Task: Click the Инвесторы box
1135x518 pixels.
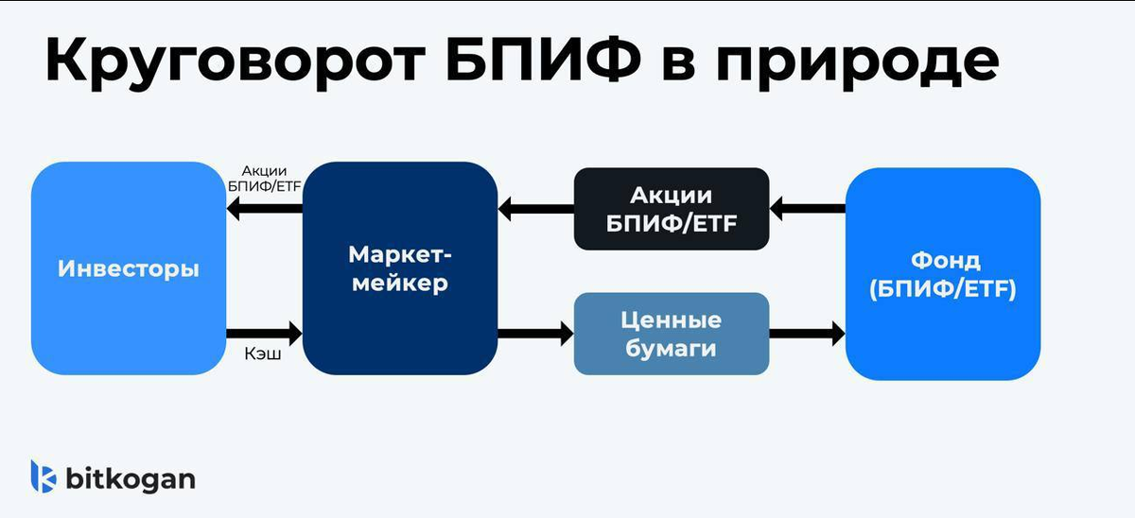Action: pos(129,268)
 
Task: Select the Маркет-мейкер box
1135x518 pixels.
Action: pos(399,268)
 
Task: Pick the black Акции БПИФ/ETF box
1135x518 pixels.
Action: pos(672,209)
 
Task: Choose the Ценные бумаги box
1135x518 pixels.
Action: pos(672,334)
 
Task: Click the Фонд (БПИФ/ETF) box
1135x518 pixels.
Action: pos(942,274)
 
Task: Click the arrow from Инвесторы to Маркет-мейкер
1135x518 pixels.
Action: pos(265,333)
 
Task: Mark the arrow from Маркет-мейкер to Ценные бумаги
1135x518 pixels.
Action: pos(536,333)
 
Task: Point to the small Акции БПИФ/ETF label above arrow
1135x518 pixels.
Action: pos(264,178)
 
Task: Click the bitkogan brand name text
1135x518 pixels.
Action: pos(131,478)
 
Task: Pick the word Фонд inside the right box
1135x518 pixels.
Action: pos(942,261)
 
